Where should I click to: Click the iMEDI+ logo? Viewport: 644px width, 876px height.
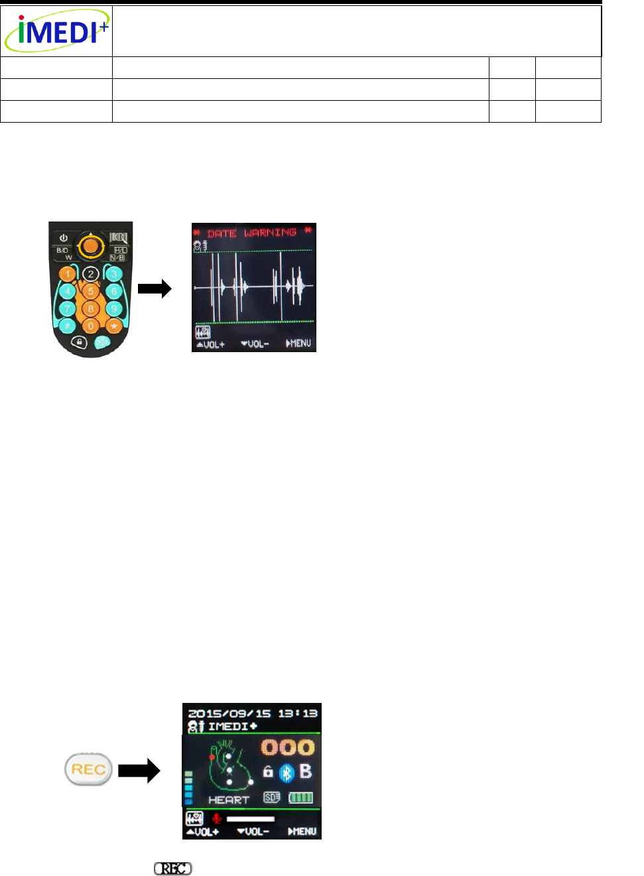coord(56,31)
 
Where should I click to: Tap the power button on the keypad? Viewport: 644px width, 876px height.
coord(64,237)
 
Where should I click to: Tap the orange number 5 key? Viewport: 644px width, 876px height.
coord(91,291)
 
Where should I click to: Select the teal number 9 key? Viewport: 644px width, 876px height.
coord(114,308)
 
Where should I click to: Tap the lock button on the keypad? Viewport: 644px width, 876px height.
coord(79,342)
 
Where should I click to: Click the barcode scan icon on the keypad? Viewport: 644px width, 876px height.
coord(118,237)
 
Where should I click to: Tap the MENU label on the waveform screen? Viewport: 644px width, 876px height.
coord(298,344)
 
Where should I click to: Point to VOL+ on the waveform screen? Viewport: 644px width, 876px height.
coord(210,344)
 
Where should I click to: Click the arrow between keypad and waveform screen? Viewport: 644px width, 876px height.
coord(155,288)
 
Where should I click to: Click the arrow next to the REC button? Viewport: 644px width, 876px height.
coord(139,771)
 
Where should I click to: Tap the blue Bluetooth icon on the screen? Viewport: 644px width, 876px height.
coord(287,773)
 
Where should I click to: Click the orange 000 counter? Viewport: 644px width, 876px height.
coord(287,747)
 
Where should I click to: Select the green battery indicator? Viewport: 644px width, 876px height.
coord(300,797)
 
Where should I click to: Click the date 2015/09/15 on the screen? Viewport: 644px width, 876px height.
coord(229,714)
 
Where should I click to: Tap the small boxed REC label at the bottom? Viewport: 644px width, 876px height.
coord(173,868)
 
